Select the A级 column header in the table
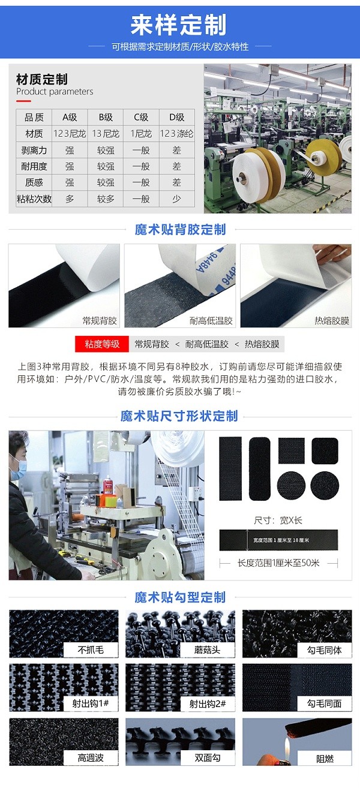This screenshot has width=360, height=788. click(70, 117)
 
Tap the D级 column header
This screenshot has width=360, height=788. click(177, 117)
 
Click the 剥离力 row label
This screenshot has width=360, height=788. click(34, 150)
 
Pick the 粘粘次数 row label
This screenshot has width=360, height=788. click(34, 198)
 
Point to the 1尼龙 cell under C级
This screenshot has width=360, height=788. click(141, 133)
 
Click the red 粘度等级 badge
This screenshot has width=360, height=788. click(102, 344)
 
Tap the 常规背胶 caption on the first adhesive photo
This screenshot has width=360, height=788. click(100, 321)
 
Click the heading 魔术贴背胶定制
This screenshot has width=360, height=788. click(180, 229)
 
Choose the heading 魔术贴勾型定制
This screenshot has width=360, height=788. click(180, 597)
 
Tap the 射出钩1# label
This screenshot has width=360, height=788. click(91, 703)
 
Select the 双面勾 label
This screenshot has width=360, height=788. click(208, 758)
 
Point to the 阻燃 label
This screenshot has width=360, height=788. click(325, 759)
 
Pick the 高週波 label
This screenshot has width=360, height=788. click(91, 758)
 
